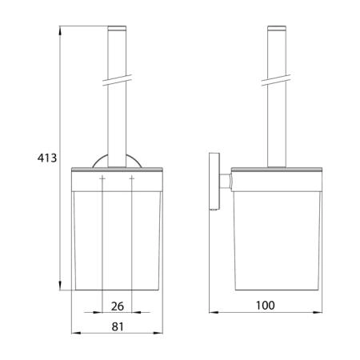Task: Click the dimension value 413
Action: pyautogui.click(x=47, y=158)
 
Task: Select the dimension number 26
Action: pyautogui.click(x=118, y=306)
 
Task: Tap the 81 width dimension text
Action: pyautogui.click(x=118, y=326)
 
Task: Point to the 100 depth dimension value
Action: pyautogui.click(x=265, y=306)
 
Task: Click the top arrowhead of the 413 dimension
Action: pyautogui.click(x=60, y=30)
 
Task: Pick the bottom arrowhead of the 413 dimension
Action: pyautogui.click(x=60, y=286)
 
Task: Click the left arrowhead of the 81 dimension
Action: pyautogui.click(x=76, y=333)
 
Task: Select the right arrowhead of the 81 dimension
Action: pyautogui.click(x=158, y=333)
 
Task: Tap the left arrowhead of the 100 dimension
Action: pyautogui.click(x=214, y=312)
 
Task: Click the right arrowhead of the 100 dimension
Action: pyautogui.click(x=318, y=312)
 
